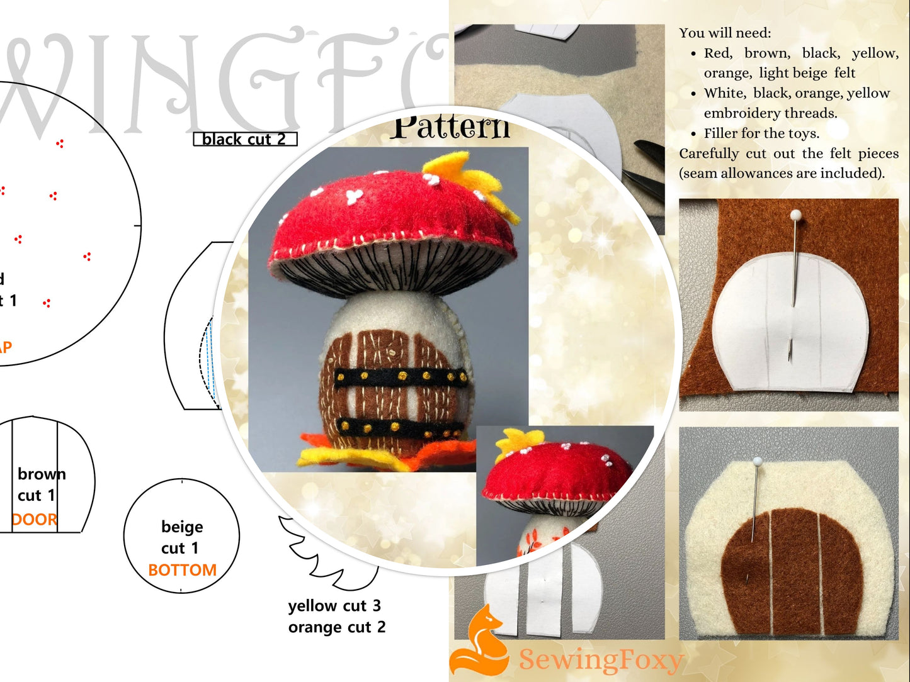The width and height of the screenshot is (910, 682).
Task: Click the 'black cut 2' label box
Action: [x=244, y=139]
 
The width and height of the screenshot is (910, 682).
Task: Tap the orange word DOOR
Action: [x=35, y=520]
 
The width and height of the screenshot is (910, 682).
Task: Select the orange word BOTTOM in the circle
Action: [x=182, y=570]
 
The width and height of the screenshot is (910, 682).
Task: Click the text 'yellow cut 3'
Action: [x=334, y=606]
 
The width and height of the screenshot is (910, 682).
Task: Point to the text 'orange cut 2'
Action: [x=337, y=627]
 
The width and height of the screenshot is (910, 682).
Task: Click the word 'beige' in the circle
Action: [x=182, y=527]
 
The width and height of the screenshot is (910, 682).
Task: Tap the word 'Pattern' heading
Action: [x=450, y=128]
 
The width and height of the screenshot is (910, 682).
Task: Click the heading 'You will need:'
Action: [x=724, y=33]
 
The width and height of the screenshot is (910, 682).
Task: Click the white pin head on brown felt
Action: [x=795, y=215]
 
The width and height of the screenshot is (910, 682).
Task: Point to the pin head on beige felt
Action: [x=757, y=462]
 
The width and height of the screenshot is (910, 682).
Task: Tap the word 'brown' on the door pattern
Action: [x=42, y=474]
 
